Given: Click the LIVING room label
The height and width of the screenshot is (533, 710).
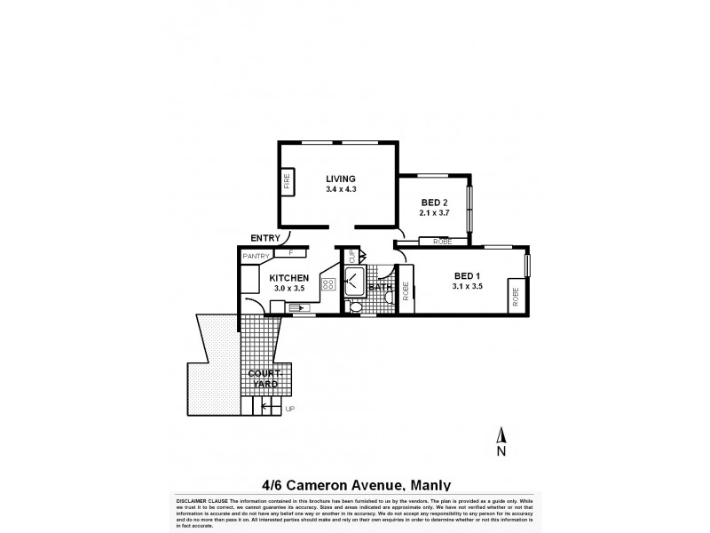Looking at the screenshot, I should point(340,179).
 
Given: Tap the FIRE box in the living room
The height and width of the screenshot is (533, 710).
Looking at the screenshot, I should point(287,184).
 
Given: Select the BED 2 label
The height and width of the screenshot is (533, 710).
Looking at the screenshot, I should point(434,203).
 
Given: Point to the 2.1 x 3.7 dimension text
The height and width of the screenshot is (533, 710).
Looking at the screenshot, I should point(434,213).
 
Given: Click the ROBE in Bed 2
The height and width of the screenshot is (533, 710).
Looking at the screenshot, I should point(441,242).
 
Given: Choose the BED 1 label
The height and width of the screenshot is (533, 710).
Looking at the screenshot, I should point(466,275).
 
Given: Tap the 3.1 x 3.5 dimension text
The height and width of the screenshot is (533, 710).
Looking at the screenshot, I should point(466,286).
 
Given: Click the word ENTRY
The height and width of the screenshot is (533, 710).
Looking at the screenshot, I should point(265,237).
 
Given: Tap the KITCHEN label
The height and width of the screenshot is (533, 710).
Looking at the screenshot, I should point(288,278).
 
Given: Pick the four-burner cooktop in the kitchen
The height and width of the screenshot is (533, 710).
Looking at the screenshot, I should point(327,285).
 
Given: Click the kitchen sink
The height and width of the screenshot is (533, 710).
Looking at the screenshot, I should point(293,306).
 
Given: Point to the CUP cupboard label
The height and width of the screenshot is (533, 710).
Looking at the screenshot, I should point(351,257).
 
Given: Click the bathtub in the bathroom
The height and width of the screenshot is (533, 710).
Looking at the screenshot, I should point(352,283).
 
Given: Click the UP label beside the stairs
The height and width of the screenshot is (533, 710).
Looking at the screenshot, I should point(288,409).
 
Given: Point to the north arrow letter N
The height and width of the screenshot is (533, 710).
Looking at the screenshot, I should point(501,452).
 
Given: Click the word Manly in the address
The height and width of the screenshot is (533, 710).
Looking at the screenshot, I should point(429,485).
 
